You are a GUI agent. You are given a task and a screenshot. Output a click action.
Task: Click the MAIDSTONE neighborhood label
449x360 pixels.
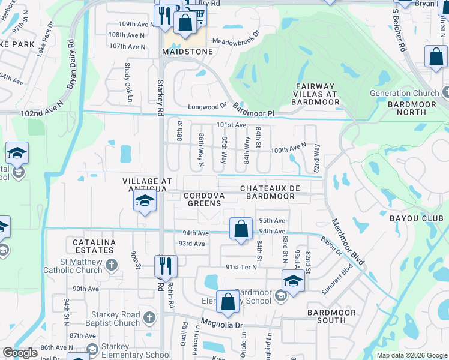point(187,52)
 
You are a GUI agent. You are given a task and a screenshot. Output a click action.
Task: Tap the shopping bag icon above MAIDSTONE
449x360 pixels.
point(185,23)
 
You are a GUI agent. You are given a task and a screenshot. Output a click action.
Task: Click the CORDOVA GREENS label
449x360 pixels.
point(204,199)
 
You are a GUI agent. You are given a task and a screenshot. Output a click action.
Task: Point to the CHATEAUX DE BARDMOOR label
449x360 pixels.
point(270,192)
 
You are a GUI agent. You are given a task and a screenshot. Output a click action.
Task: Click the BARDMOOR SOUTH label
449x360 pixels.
point(327,316)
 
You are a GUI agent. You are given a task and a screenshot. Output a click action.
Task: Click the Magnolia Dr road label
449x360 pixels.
point(222,325)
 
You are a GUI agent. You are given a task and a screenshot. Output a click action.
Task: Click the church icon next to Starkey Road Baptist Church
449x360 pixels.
point(150,316)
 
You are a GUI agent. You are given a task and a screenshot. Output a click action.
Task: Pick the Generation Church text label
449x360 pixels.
point(405,93)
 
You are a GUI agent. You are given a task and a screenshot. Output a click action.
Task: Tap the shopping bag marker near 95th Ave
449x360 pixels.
point(241,229)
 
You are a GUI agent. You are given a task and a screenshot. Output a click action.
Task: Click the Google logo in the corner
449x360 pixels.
point(20,352)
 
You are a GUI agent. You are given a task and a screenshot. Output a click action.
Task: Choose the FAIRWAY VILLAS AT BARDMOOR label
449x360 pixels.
point(316,94)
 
